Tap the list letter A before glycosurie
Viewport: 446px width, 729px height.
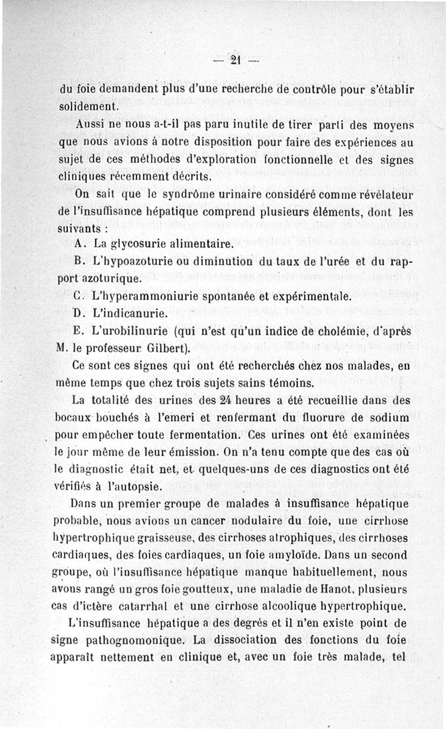[x=79, y=244]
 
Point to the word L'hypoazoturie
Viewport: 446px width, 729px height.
[x=124, y=261]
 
